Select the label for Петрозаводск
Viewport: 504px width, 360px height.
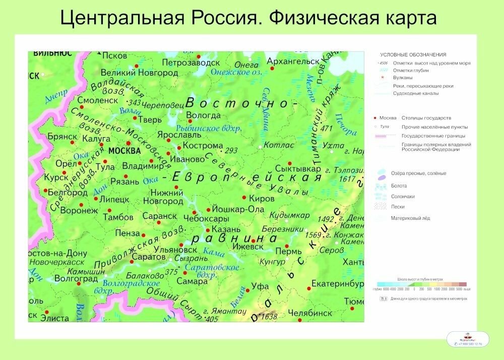point(191,63)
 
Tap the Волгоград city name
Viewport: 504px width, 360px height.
point(76,278)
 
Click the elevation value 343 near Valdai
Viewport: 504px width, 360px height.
point(135,103)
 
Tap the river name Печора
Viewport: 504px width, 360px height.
point(345,124)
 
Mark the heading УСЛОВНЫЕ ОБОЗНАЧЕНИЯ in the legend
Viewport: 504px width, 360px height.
point(413,54)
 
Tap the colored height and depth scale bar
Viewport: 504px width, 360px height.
point(420,284)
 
